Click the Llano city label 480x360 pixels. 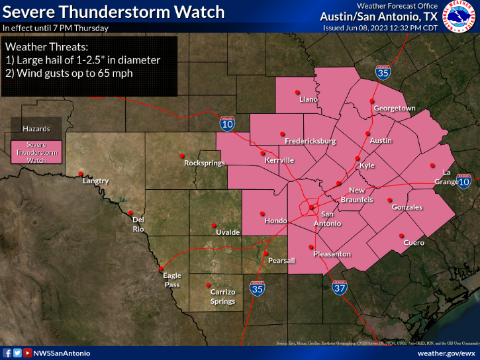[309, 99]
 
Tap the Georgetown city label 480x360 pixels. [395, 108]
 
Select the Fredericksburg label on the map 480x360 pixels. [310, 141]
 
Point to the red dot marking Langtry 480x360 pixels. [81, 173]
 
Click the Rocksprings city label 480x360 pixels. [205, 163]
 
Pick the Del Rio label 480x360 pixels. [138, 224]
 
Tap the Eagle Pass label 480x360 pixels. [172, 281]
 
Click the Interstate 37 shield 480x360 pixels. [340, 288]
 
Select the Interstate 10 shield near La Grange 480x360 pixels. [464, 181]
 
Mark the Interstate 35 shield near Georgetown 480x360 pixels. [383, 73]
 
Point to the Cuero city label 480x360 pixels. [414, 243]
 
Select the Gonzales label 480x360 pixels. [407, 207]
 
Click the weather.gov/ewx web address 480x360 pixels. [447, 353]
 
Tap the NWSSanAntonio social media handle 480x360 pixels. [62, 353]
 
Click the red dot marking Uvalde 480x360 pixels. [214, 224]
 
